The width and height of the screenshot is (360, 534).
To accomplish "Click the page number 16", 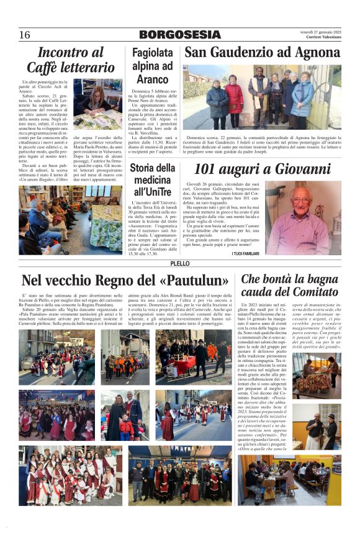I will tap(25, 35).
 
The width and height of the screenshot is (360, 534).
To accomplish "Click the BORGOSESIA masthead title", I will tap(179, 35).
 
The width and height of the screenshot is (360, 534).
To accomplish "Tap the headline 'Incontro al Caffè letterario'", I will tap(70, 60).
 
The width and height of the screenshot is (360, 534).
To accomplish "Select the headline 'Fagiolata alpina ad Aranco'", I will tap(152, 65).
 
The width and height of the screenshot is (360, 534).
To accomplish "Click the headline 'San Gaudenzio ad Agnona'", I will tap(261, 52).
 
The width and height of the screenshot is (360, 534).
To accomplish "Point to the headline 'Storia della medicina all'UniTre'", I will tap(152, 180).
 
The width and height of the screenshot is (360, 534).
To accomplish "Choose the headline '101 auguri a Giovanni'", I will tap(263, 169).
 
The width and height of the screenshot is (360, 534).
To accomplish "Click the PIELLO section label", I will tap(179, 264).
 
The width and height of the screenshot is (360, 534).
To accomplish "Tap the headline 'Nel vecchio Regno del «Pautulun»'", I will tap(125, 281).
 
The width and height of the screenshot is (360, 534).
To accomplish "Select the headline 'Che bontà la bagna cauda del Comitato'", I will tap(290, 286).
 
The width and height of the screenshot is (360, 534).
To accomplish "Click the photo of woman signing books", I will tap(97, 103).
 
